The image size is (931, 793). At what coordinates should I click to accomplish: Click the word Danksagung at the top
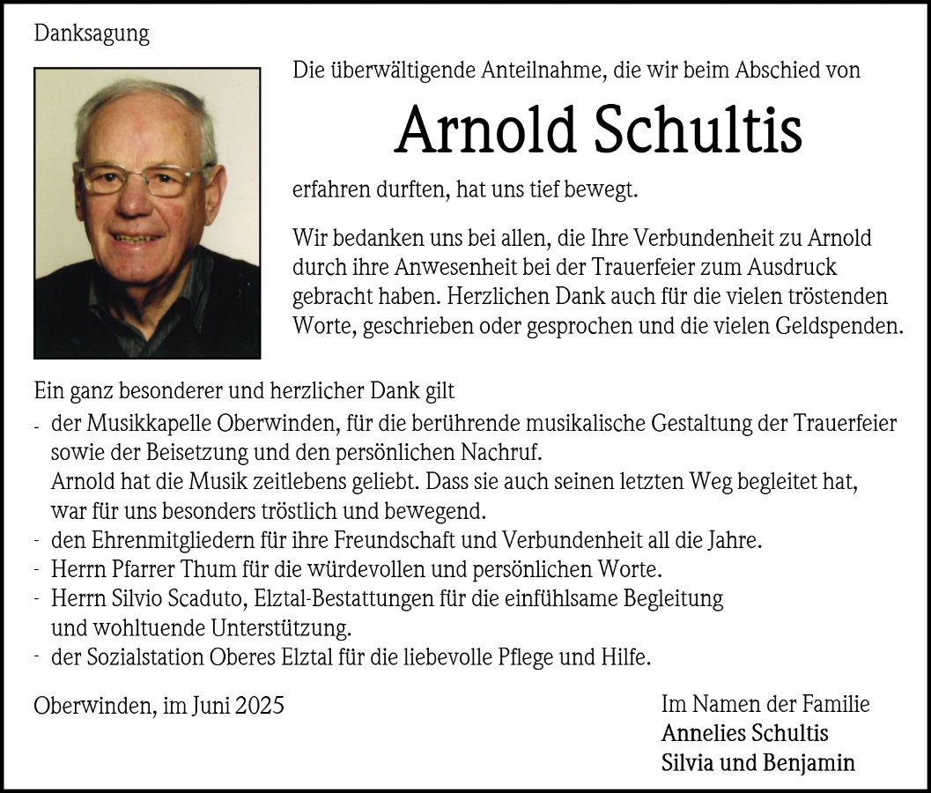point(92,34)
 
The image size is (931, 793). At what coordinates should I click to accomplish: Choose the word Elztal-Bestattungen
point(348,599)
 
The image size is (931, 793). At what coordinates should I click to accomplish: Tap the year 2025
point(260,706)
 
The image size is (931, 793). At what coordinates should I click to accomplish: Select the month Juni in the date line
point(211,706)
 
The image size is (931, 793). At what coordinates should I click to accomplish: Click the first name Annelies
point(702,734)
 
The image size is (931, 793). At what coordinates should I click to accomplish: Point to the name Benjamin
point(811,763)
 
